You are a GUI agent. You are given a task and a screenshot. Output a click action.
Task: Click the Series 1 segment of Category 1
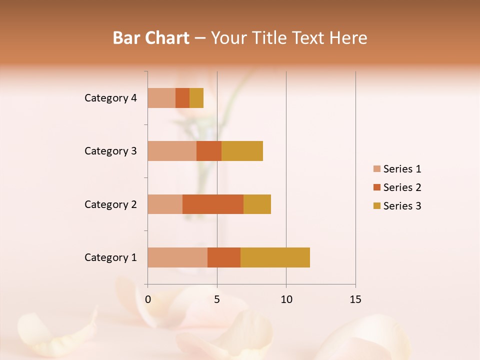177,257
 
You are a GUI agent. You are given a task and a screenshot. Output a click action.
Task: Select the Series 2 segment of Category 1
224,257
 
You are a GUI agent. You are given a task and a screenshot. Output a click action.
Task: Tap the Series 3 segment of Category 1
275,257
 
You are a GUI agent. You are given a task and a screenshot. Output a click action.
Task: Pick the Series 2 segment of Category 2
213,204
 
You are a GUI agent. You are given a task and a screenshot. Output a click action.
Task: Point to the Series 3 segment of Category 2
257,204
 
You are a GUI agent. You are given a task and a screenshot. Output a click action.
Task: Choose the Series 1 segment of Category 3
172,151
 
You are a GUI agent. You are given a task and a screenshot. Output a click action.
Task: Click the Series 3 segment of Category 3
242,151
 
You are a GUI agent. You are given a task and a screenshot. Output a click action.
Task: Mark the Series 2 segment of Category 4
182,98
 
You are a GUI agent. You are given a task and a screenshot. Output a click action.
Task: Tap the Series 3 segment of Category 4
196,98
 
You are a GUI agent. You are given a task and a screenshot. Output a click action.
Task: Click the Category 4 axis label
110,98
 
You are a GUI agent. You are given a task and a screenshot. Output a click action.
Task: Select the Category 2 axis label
110,204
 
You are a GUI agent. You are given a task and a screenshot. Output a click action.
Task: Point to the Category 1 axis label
110,257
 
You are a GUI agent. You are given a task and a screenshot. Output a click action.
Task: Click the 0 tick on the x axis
148,299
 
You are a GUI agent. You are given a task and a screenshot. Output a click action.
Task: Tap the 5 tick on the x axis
217,299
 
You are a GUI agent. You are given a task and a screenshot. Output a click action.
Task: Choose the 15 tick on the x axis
355,299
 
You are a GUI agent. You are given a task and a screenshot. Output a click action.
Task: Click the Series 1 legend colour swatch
376,169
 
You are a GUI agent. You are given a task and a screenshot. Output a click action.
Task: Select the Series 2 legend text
402,187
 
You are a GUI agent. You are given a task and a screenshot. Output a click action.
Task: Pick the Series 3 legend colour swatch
376,206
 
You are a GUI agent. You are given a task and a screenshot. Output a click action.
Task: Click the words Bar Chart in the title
151,38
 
